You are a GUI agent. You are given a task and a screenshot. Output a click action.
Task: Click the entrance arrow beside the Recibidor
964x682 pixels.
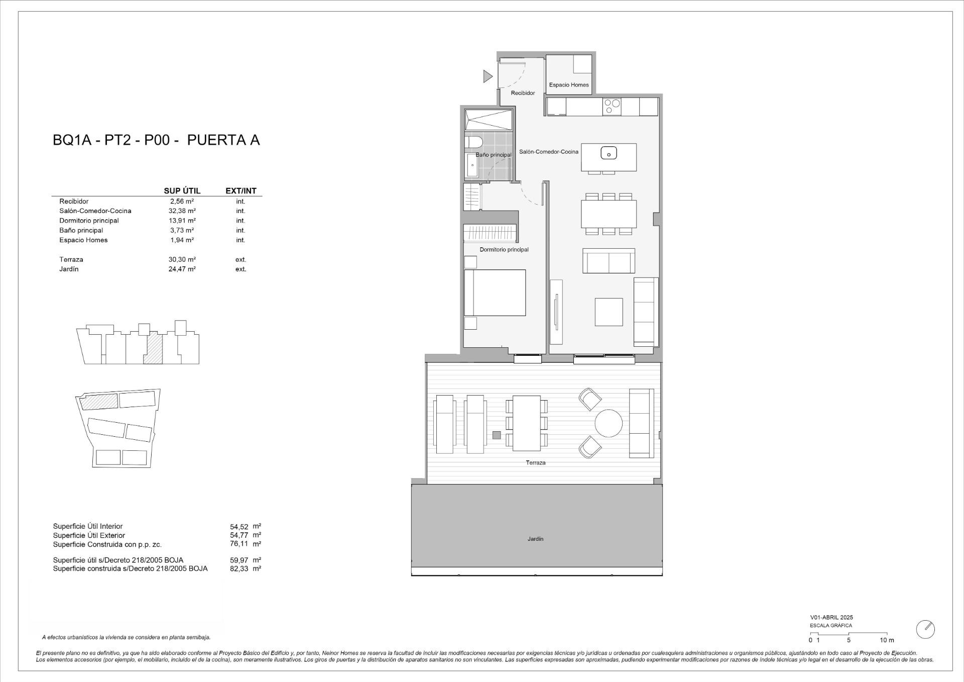click(x=487, y=76)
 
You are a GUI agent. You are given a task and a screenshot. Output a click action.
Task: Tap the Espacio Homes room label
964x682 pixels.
click(x=568, y=85)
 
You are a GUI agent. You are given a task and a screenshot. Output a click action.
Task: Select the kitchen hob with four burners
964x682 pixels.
click(x=612, y=107)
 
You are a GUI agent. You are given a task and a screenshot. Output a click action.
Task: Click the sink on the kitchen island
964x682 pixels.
click(x=609, y=152)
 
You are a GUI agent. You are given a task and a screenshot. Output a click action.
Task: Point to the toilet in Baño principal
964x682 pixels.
click(x=473, y=142)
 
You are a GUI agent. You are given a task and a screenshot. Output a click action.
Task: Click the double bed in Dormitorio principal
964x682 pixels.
click(x=495, y=293)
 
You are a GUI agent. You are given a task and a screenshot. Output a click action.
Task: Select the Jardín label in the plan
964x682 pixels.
click(x=535, y=539)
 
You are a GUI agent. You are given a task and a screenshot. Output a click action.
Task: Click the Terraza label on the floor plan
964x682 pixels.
click(x=535, y=462)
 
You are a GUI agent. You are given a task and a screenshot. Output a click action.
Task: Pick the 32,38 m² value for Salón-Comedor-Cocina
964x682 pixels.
click(x=182, y=211)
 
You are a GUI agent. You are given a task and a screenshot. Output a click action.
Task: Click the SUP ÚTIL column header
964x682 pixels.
click(x=182, y=191)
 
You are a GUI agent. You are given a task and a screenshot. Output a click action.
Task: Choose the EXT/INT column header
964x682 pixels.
click(x=241, y=191)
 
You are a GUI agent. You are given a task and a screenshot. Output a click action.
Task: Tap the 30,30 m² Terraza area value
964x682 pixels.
click(x=182, y=260)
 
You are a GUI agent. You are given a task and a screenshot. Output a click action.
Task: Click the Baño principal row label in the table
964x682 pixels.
click(x=81, y=230)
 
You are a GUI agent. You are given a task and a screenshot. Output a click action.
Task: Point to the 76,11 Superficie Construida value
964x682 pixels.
click(x=239, y=544)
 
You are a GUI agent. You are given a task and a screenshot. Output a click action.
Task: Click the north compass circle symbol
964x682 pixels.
click(x=925, y=629)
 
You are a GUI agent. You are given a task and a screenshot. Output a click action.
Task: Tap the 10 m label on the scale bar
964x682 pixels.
click(x=887, y=640)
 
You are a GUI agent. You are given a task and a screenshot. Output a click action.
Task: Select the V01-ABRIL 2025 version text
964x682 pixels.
click(x=831, y=617)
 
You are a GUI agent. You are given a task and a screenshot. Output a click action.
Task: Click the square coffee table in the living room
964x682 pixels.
click(x=609, y=312)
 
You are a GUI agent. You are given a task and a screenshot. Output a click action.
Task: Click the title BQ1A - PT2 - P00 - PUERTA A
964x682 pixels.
click(x=156, y=140)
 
